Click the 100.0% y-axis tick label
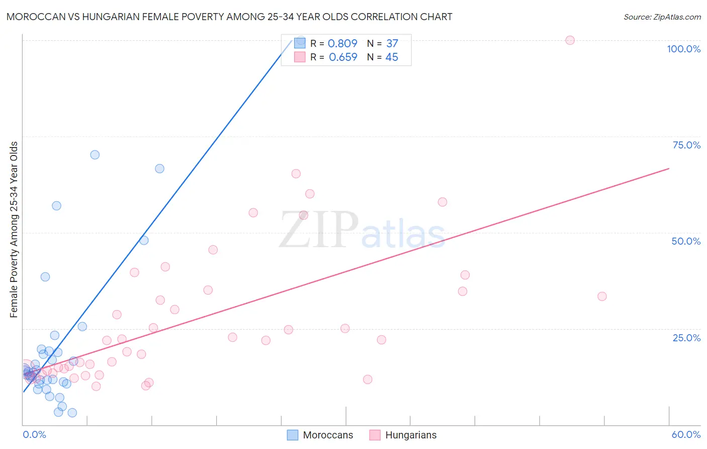coord(683,49)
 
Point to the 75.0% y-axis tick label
coord(686,145)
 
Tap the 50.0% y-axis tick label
coord(686,241)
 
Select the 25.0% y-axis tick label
coord(686,338)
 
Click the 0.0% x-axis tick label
coord(34,434)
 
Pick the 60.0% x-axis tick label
coord(686,434)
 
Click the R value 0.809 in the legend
coord(342,44)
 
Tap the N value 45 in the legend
coord(392,57)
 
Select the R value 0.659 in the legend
coord(343,57)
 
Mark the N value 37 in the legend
coord(392,44)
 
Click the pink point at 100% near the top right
coord(570,40)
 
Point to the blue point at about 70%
coord(95,155)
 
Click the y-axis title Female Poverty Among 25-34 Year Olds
coord(14,230)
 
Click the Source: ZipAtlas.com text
coord(662,17)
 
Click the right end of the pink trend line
coord(669,169)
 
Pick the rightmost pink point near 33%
coord(602,296)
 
